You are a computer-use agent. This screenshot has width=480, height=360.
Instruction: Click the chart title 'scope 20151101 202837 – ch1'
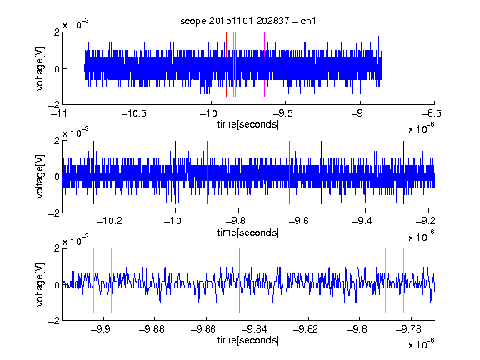tap(248, 21)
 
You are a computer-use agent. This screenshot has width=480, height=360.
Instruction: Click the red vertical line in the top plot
tap(226, 65)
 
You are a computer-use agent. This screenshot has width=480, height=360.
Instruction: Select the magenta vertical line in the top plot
tap(264, 65)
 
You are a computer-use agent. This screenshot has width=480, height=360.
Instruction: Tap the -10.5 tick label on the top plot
tap(134, 113)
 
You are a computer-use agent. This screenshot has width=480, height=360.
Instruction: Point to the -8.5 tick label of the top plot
tap(432, 113)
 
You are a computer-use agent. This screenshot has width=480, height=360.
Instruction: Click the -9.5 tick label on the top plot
tap(282, 113)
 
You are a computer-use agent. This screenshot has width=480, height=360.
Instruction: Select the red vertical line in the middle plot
tap(207, 172)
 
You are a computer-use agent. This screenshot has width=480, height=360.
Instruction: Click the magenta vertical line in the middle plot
tap(289, 172)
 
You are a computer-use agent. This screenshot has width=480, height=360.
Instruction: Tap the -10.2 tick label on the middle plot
tap(109, 221)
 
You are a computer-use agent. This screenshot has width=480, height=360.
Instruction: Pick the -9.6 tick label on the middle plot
tap(298, 221)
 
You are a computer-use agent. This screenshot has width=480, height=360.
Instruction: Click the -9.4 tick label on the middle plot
tap(362, 221)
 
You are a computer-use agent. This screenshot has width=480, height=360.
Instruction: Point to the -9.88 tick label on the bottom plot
tap(152, 329)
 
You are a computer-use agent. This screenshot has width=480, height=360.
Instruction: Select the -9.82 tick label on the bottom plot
tap(306, 329)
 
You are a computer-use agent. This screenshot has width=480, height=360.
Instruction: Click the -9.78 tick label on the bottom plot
tap(408, 329)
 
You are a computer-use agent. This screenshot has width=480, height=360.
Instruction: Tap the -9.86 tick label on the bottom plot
tap(203, 329)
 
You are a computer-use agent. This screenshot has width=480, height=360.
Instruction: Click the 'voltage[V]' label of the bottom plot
tap(40, 284)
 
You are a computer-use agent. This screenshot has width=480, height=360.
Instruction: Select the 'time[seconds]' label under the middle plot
tap(248, 232)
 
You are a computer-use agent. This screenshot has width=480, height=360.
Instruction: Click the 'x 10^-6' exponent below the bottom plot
tap(421, 344)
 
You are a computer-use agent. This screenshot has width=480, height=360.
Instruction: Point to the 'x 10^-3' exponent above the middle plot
tap(76, 132)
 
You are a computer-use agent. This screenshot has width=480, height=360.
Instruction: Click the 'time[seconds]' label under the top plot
tap(248, 124)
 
